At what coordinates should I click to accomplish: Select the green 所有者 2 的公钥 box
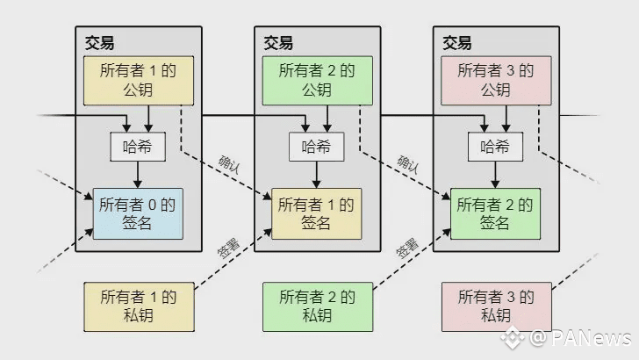(x=317, y=80)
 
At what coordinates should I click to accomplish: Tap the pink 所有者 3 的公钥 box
(x=496, y=80)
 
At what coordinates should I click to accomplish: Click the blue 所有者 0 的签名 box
(x=138, y=213)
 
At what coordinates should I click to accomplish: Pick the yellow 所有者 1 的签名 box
(x=316, y=213)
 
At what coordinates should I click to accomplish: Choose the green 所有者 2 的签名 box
(x=495, y=213)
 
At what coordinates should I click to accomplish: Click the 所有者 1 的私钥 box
(x=139, y=306)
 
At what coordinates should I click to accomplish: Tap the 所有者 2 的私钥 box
(x=317, y=306)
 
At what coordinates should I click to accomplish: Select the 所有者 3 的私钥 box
(x=496, y=306)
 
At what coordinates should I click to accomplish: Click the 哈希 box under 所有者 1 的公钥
(x=138, y=146)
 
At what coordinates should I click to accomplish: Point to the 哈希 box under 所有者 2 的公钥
(x=317, y=146)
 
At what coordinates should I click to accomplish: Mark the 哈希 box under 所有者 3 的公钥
(x=495, y=146)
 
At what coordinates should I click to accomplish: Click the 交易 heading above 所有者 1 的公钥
(x=99, y=42)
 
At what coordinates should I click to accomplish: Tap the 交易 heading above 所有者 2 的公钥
(x=278, y=42)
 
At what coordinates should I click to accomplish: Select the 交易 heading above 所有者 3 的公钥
(x=456, y=42)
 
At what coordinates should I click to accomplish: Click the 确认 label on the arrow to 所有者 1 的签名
(x=231, y=164)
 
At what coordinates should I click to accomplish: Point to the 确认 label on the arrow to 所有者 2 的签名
(x=410, y=164)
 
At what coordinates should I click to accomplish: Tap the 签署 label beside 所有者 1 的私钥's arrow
(x=230, y=248)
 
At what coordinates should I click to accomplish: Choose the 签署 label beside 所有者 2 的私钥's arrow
(x=408, y=248)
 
